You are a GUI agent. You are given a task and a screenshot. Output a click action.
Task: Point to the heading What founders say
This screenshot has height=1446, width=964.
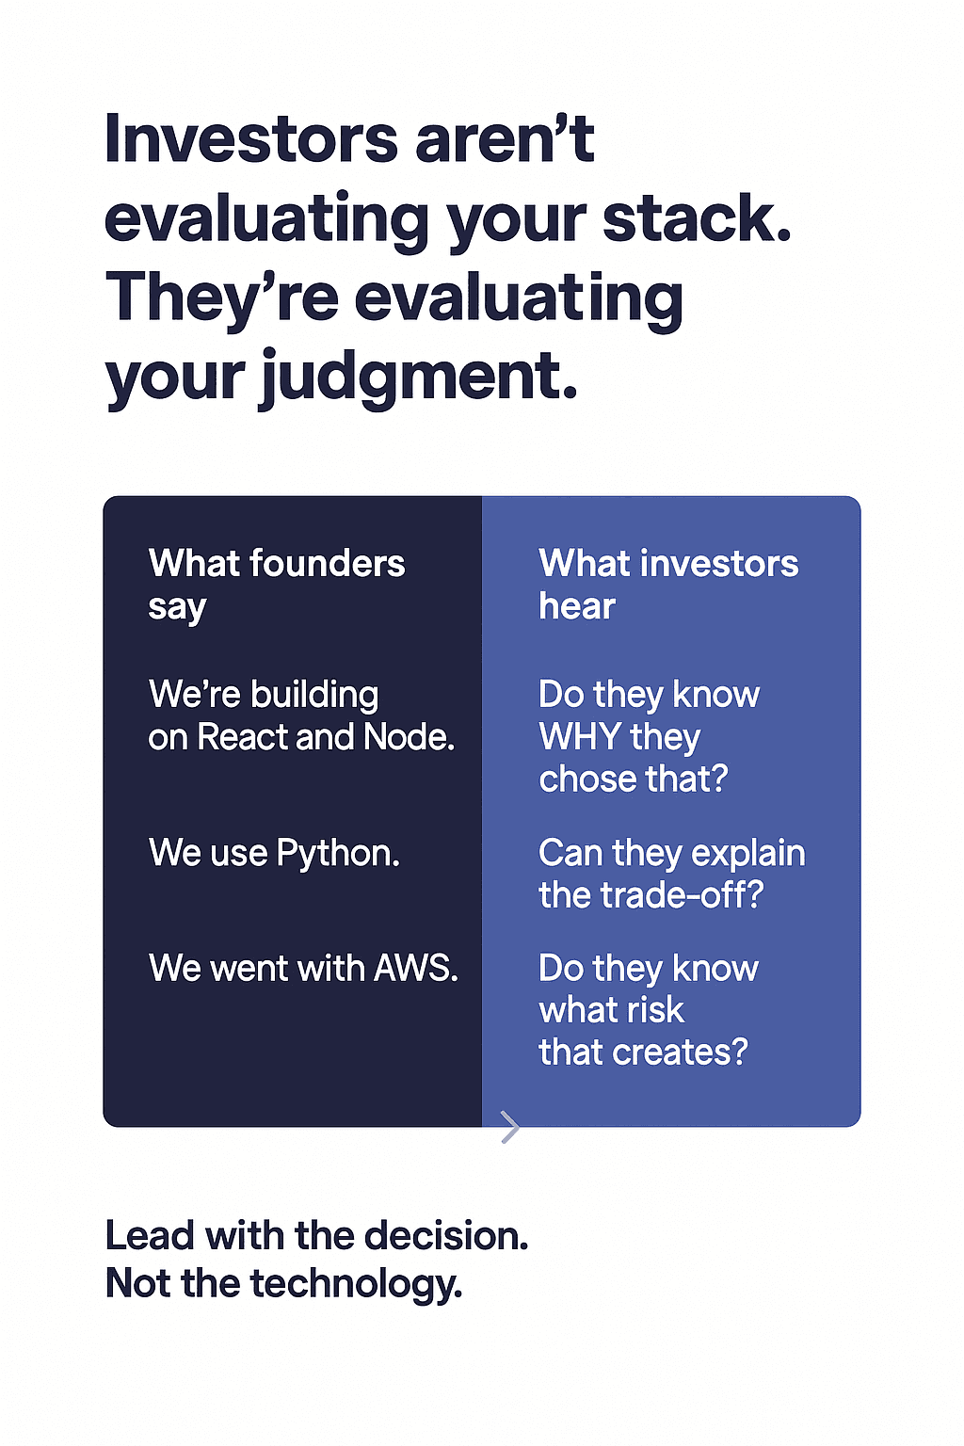tap(277, 585)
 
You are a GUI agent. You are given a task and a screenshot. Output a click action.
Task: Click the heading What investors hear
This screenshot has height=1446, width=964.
tap(668, 585)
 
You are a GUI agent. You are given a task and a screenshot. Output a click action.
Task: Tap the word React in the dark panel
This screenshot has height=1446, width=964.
tap(243, 736)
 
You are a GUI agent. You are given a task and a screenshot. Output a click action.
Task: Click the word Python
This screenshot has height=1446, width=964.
tap(338, 854)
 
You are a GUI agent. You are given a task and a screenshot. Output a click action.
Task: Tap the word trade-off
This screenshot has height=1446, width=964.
tap(682, 895)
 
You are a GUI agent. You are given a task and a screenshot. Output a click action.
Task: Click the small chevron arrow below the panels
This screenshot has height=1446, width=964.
tap(510, 1127)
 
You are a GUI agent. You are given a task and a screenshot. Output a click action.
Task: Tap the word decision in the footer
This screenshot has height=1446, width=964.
tap(446, 1236)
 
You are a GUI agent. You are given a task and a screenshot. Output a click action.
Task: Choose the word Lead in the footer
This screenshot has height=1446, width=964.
tap(150, 1236)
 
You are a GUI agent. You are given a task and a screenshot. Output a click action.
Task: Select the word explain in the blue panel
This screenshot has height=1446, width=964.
tap(748, 854)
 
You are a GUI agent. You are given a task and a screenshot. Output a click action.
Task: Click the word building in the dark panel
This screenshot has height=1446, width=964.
tap(314, 696)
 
